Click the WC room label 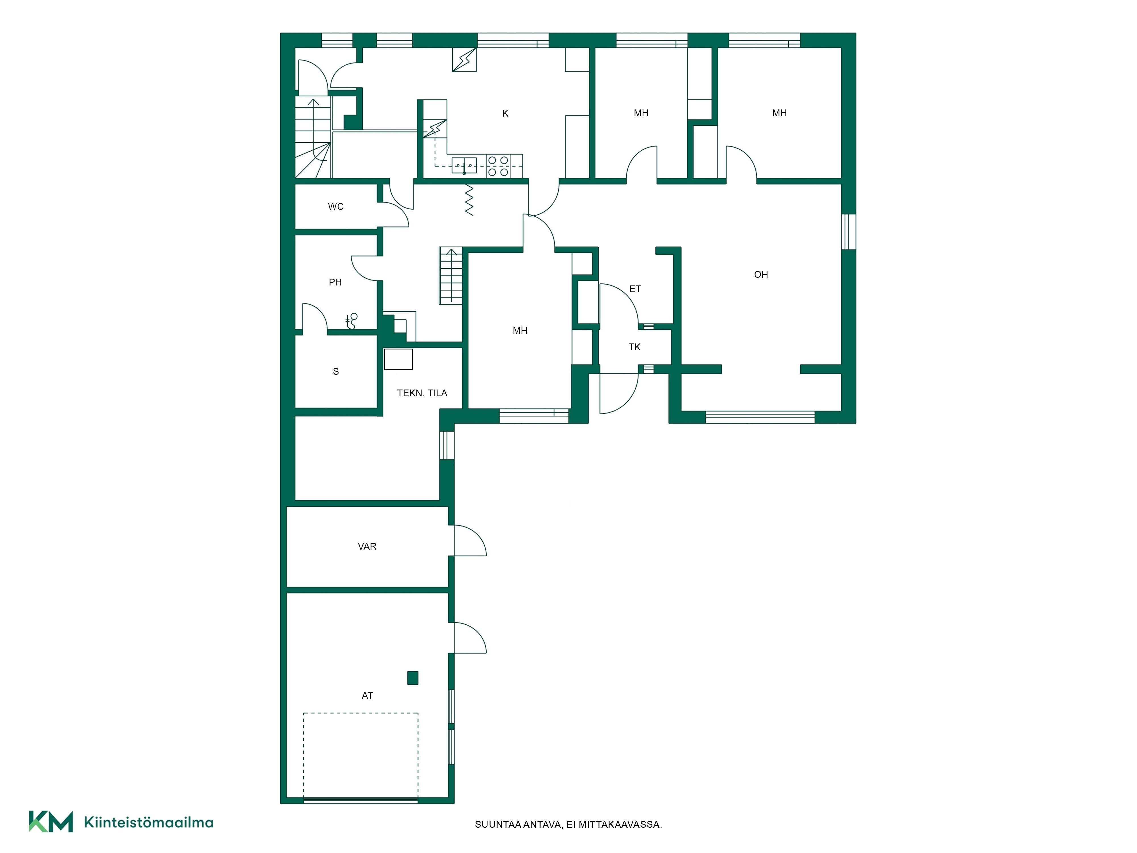[336, 207]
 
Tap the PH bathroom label [335, 282]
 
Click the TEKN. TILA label [422, 393]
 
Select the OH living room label [761, 275]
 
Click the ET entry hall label [635, 289]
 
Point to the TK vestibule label [635, 347]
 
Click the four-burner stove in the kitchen [498, 166]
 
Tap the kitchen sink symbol [464, 165]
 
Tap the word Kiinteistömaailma [149, 822]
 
